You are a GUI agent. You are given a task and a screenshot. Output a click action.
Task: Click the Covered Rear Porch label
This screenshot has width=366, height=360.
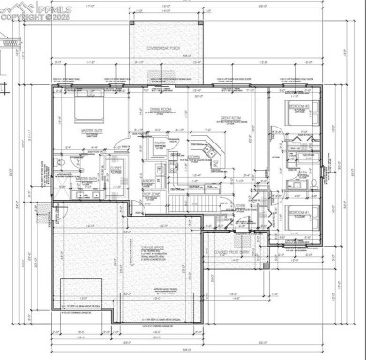point(160,45)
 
